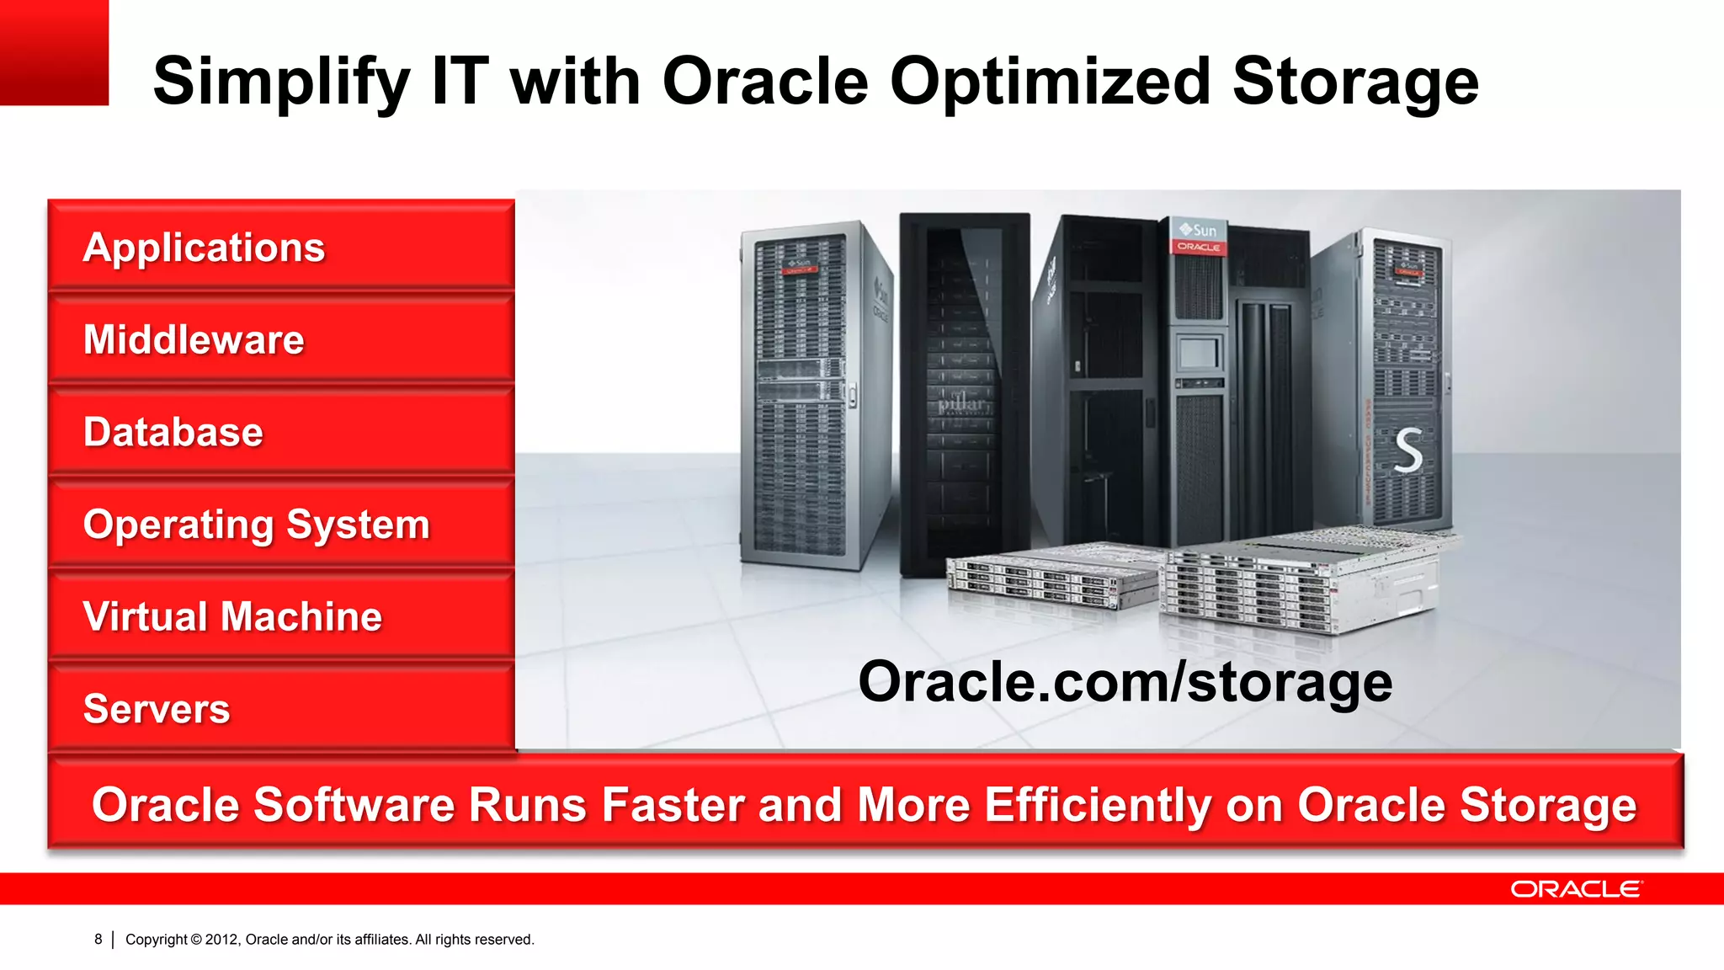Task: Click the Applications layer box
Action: [x=281, y=247]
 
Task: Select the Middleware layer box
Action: [x=281, y=339]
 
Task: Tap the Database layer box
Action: [x=281, y=432]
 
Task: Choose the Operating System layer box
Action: [x=281, y=525]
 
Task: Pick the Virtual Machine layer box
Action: [x=281, y=616]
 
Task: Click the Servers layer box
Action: [x=281, y=708]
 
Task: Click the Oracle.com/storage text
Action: [x=1125, y=681]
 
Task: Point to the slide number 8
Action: [x=98, y=939]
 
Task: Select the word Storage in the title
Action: [x=1355, y=83]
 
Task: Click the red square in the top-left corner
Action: [x=54, y=52]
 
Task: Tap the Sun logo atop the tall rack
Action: [x=1198, y=230]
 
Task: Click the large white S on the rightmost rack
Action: [x=1408, y=450]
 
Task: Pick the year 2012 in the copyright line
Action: [x=221, y=939]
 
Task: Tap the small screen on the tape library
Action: [x=1200, y=353]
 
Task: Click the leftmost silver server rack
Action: [x=804, y=396]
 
